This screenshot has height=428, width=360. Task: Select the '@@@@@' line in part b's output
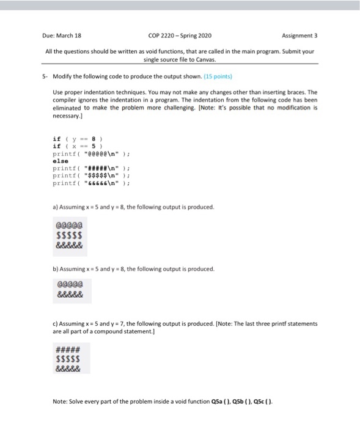point(68,285)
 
